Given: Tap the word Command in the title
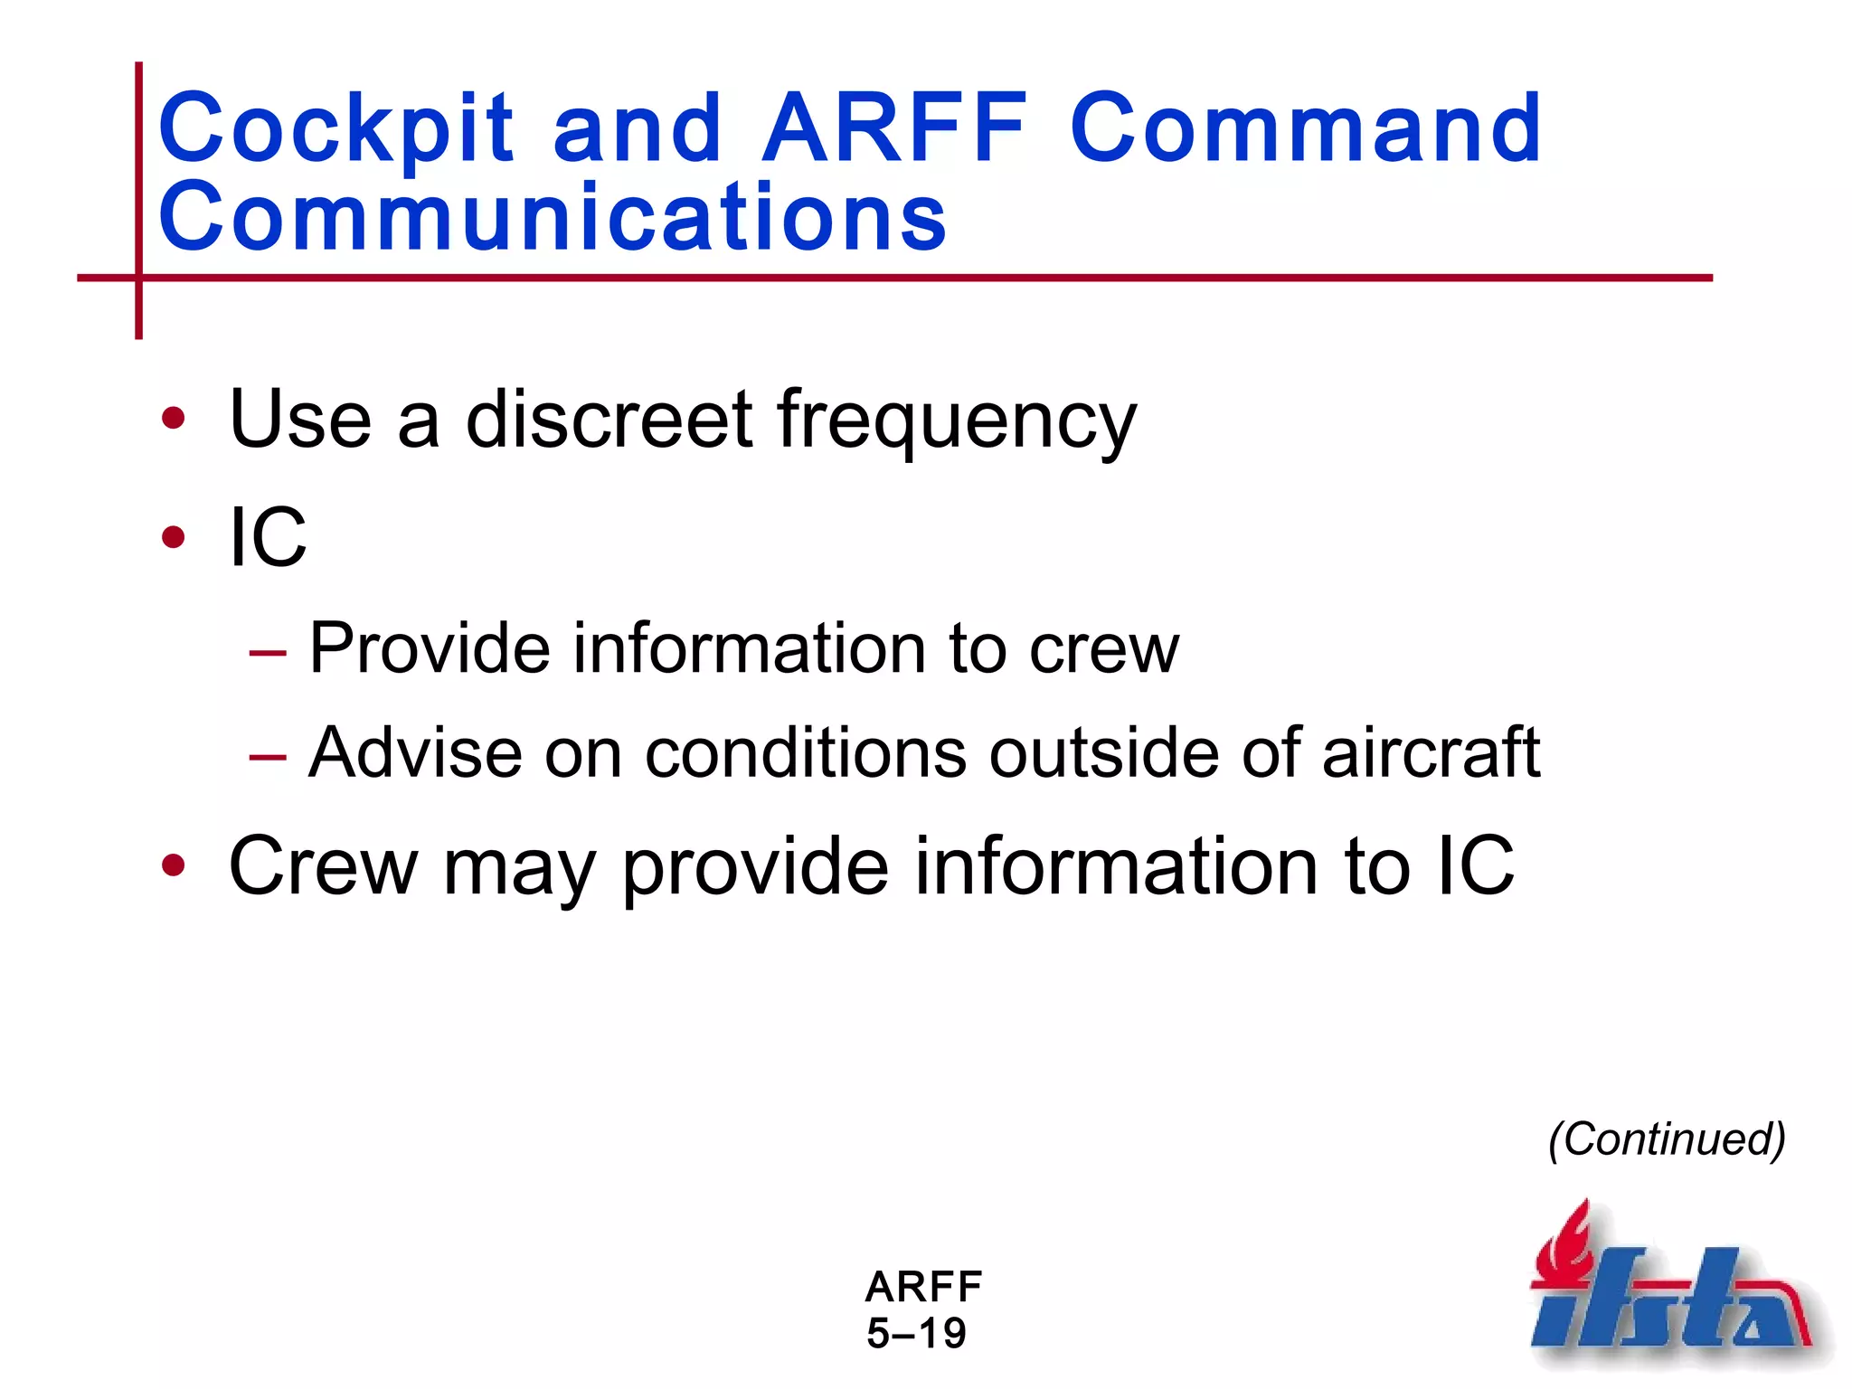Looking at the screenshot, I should tap(1306, 128).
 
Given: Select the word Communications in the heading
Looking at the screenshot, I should tap(553, 217).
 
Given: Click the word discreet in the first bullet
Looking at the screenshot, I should tap(609, 419).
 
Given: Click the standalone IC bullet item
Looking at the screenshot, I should tap(268, 537).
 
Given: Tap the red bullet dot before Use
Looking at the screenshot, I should tap(173, 419).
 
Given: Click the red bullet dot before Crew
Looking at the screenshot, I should tap(173, 865).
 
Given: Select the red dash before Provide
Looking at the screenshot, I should tap(269, 652).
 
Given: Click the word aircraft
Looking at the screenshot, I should tap(1431, 752).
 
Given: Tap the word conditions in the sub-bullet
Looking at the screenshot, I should tap(805, 752).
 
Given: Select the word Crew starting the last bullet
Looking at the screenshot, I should tap(323, 865).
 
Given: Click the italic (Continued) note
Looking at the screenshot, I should tap(1667, 1139).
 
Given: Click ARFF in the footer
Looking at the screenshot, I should tap(923, 1286).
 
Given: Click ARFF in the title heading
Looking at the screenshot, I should tap(894, 128).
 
